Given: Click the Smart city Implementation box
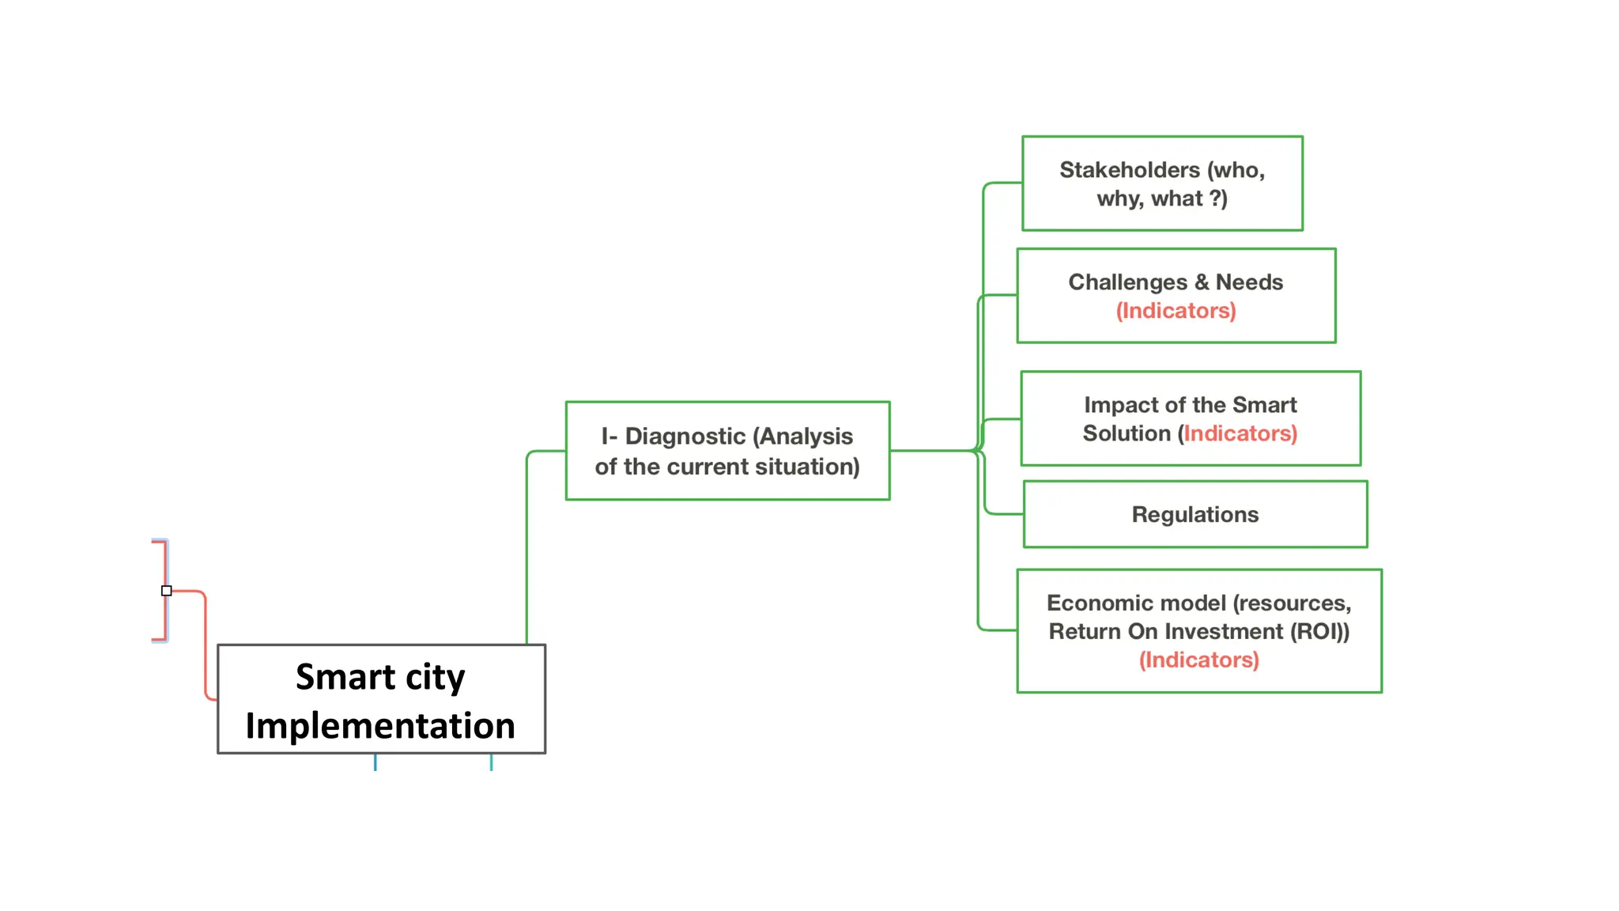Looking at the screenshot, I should click(x=381, y=699).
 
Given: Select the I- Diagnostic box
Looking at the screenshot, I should click(x=727, y=451).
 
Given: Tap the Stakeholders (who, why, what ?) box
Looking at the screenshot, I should click(x=1162, y=183).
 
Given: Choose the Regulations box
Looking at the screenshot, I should click(x=1194, y=515).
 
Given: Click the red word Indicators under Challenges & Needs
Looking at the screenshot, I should click(x=1176, y=311).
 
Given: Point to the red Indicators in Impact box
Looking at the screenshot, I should click(x=1240, y=433).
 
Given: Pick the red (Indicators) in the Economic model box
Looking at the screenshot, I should click(x=1198, y=660).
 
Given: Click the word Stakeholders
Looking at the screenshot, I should click(x=1129, y=170).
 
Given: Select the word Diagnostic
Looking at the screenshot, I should click(x=685, y=437).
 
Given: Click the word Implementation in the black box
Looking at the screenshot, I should click(x=380, y=726).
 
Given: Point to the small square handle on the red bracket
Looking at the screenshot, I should click(x=166, y=591).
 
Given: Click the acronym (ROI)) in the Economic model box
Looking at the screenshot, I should click(x=1319, y=632).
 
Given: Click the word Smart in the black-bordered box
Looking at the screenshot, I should click(x=345, y=677).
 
